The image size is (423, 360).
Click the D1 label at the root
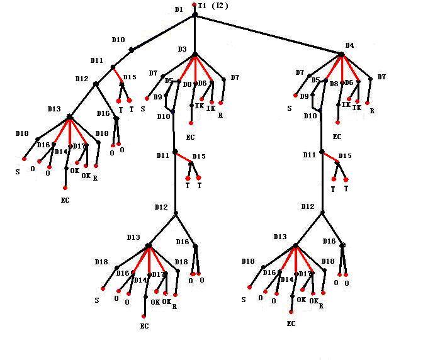tap(179, 10)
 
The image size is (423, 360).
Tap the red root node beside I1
tap(194, 5)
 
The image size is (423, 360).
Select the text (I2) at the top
tap(220, 6)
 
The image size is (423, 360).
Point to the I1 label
tap(202, 6)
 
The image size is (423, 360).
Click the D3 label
tap(182, 49)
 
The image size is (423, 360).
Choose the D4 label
tap(349, 46)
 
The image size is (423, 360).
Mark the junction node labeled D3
tap(195, 54)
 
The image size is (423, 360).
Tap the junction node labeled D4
tap(341, 55)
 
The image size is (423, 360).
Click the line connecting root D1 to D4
tap(268, 34)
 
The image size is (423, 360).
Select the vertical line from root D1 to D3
tap(195, 35)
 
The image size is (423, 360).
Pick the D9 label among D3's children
tap(157, 97)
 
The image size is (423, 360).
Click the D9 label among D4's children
tap(304, 97)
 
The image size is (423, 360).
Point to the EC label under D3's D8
tap(191, 137)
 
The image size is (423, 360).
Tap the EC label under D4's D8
tap(337, 137)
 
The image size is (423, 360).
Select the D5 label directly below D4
tap(316, 81)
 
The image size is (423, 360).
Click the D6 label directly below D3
tap(202, 83)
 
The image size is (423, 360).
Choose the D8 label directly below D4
tap(334, 84)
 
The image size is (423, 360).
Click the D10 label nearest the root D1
tap(118, 40)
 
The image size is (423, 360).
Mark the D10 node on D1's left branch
tap(132, 49)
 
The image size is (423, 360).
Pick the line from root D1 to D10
tap(162, 32)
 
